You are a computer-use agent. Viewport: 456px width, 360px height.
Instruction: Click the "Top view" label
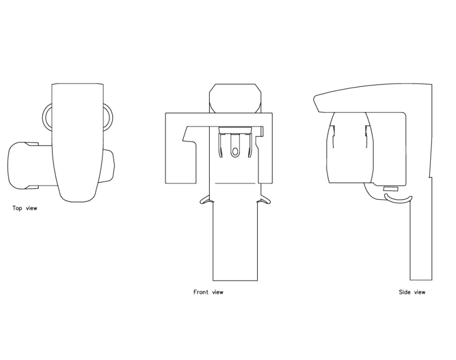coord(25,208)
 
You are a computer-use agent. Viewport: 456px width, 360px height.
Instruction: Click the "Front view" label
coord(208,292)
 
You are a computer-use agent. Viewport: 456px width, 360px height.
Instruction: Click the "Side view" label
coord(412,292)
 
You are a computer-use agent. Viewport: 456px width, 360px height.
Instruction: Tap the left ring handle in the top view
coord(46,116)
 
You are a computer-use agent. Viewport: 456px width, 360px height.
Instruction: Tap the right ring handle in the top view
coord(108,116)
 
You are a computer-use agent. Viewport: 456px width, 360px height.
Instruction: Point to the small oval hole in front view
coord(234,151)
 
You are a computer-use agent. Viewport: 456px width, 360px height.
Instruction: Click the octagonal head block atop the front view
coord(236,98)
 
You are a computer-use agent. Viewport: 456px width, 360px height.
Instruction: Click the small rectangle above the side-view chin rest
coord(390,188)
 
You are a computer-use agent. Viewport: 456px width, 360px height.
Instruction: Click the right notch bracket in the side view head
coord(365,132)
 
